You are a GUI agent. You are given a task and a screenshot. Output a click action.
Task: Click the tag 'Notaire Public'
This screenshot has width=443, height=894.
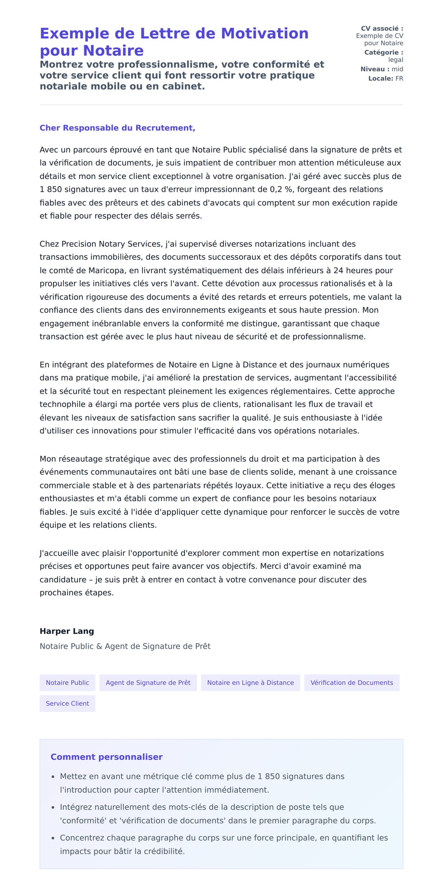coord(67,682)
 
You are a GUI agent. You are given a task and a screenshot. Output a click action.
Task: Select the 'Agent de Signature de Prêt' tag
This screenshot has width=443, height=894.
coord(148,682)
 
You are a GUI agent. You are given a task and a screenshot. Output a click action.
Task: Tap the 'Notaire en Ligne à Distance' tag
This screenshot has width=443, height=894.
coord(250,682)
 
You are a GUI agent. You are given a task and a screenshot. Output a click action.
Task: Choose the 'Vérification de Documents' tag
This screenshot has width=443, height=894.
coord(351,682)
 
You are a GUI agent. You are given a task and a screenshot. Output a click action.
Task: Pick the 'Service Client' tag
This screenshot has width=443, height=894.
coord(67,703)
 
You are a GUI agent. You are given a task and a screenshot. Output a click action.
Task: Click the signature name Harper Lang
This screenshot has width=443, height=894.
coord(67,631)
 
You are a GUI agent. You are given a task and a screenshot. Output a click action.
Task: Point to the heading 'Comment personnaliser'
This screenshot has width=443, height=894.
coord(106,756)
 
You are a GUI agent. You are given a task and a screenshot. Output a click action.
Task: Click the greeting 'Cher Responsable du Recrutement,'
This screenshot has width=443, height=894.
coord(117,128)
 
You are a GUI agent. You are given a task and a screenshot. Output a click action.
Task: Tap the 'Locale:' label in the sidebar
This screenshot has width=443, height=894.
coord(380,79)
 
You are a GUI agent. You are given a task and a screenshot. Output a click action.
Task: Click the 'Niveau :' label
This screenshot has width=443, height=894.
coord(375,69)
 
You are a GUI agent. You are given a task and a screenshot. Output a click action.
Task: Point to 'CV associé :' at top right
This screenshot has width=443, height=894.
coord(382,28)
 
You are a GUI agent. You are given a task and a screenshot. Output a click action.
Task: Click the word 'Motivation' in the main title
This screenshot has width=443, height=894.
coord(264,34)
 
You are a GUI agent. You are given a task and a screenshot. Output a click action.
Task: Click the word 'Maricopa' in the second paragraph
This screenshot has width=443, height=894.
coord(106,270)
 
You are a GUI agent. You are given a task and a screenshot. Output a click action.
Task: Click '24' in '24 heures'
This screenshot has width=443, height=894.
coord(338,270)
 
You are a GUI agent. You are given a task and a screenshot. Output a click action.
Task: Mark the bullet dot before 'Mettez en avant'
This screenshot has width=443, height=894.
coord(53,777)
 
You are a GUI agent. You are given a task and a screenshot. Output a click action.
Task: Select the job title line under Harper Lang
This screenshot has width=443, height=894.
coord(125,646)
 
